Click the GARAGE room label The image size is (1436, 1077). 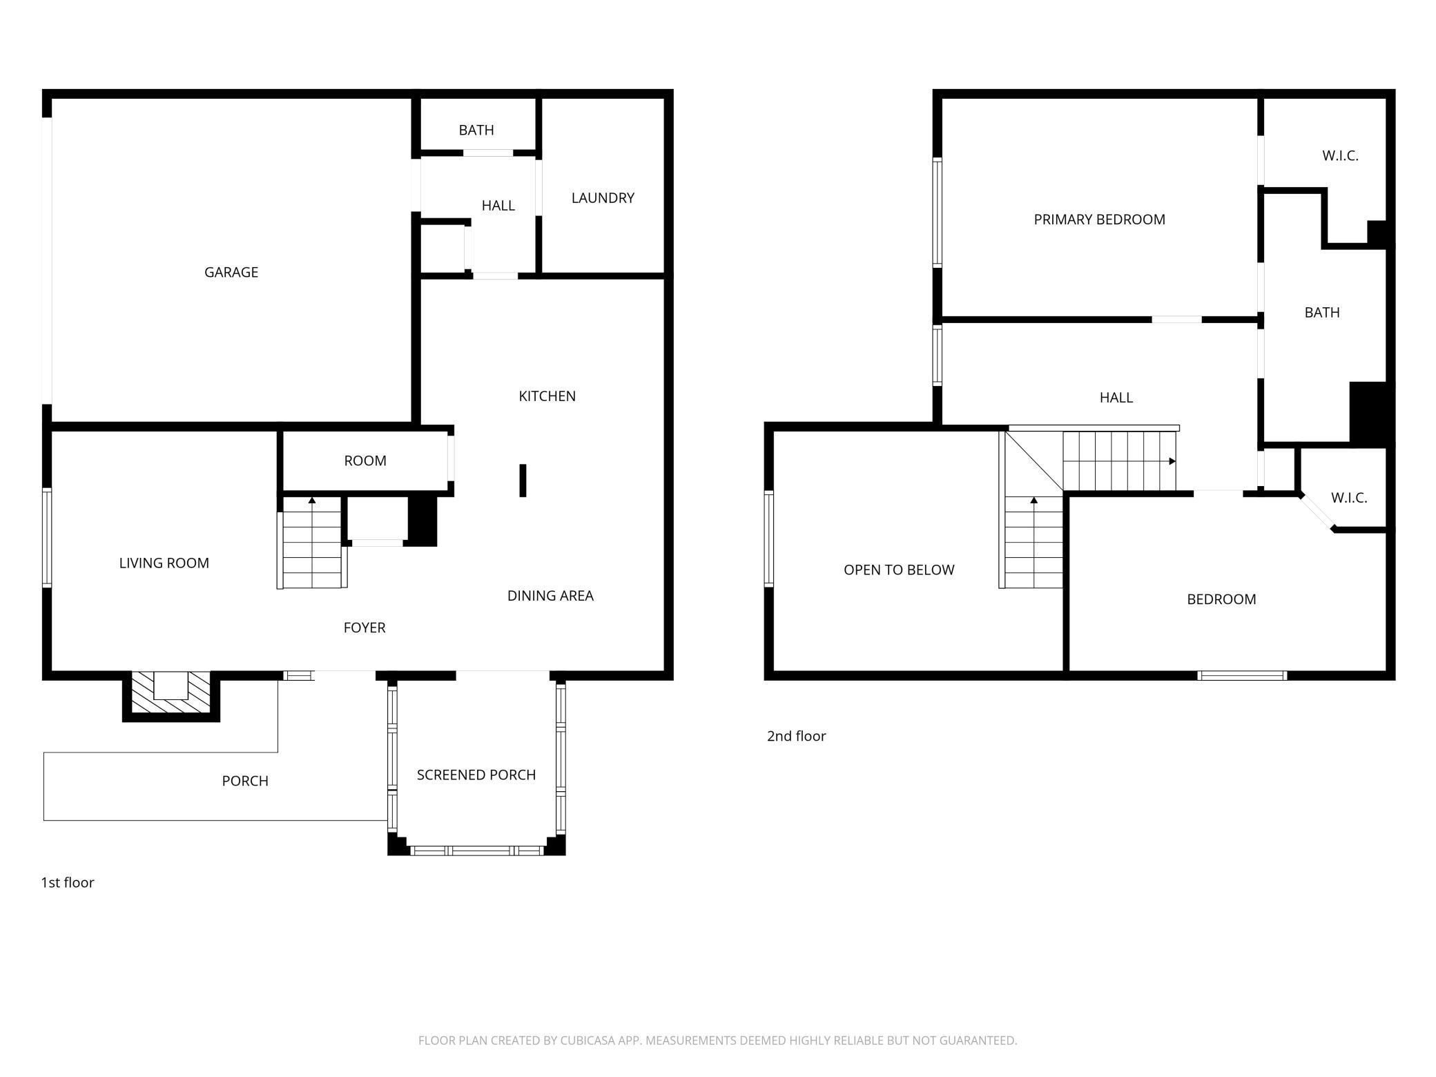click(x=231, y=272)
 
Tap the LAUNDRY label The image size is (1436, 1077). click(x=602, y=198)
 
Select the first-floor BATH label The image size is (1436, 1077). click(x=476, y=130)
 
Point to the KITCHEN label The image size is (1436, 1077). click(x=547, y=396)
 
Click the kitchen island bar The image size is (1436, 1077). click(x=523, y=481)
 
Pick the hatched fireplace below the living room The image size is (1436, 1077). click(x=171, y=693)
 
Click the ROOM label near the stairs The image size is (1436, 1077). click(x=365, y=461)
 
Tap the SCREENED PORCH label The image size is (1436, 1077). click(x=476, y=775)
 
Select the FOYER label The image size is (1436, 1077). click(x=364, y=628)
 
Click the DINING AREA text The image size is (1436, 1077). click(x=550, y=596)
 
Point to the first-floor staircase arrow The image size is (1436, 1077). click(x=312, y=500)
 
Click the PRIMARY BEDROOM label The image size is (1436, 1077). click(x=1099, y=220)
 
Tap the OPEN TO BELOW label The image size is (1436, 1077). click(x=898, y=570)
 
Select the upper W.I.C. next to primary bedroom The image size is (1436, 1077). click(x=1339, y=156)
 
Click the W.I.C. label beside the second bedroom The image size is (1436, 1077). click(x=1348, y=498)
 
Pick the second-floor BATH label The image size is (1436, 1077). click(x=1321, y=313)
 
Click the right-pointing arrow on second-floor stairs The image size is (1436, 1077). click(x=1172, y=461)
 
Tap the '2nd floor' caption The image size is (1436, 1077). click(x=796, y=736)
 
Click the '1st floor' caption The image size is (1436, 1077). click(x=68, y=882)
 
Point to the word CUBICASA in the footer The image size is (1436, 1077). click(x=588, y=1040)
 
